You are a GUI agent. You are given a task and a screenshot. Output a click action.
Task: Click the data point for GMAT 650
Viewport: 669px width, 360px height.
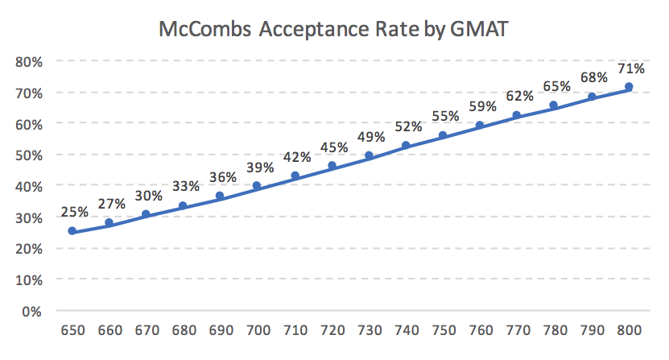click(x=72, y=231)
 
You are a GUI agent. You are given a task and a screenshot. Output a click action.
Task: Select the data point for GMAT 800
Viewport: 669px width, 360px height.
click(x=629, y=86)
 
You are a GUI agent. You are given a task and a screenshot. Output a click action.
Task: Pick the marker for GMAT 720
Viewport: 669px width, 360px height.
click(x=332, y=165)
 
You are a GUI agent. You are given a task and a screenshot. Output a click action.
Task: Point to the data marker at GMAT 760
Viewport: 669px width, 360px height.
click(x=480, y=125)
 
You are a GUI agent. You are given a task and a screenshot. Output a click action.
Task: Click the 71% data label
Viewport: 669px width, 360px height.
click(x=628, y=68)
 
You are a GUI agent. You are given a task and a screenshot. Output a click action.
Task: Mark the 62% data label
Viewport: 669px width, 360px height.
click(x=517, y=97)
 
